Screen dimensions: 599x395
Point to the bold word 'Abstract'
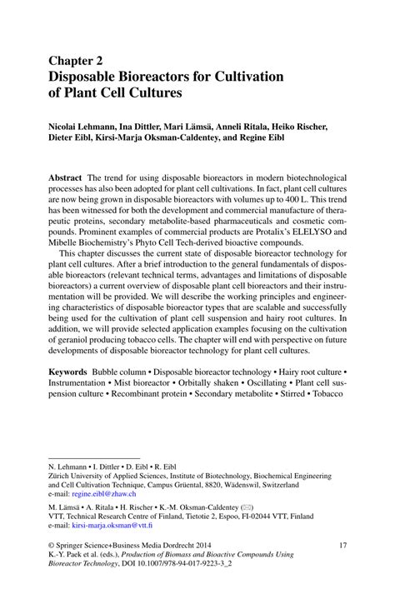[65, 178]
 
